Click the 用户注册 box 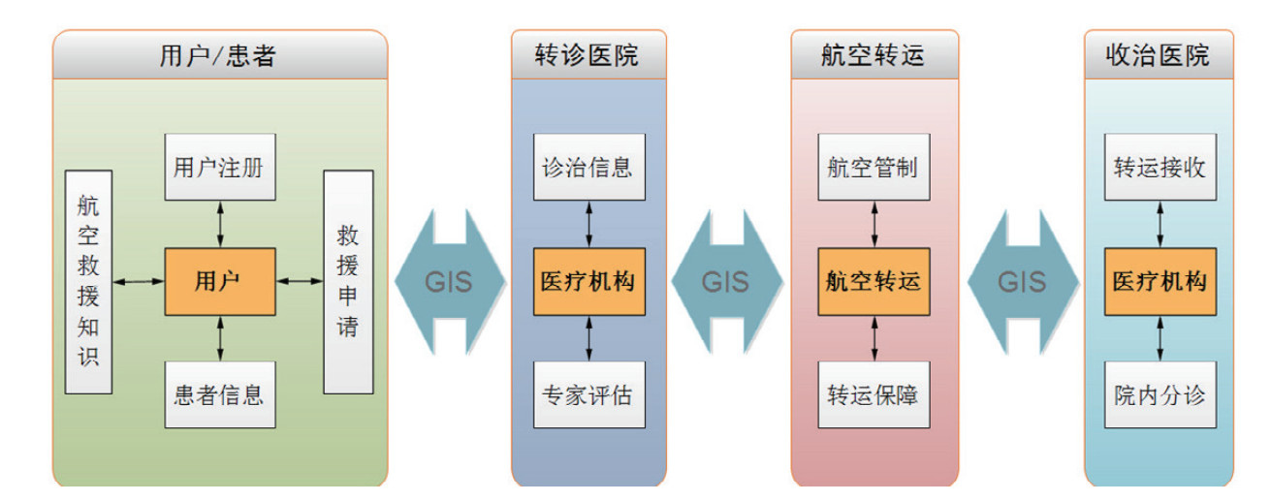[x=220, y=167]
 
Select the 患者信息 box [x=220, y=395]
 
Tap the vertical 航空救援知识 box [x=88, y=282]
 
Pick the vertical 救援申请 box [x=348, y=282]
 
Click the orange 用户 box [x=220, y=281]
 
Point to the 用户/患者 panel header [x=220, y=54]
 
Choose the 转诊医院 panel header [x=588, y=54]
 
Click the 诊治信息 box [x=588, y=167]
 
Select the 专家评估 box [x=588, y=395]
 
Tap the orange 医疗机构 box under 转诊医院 [x=588, y=281]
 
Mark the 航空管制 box [x=874, y=167]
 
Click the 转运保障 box [x=874, y=395]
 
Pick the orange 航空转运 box [x=874, y=281]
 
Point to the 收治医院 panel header [x=1159, y=54]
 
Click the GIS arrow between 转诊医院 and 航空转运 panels [x=727, y=281]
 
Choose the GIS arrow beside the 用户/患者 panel [x=450, y=281]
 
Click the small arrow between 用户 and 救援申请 [x=300, y=281]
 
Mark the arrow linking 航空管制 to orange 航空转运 [x=874, y=224]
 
